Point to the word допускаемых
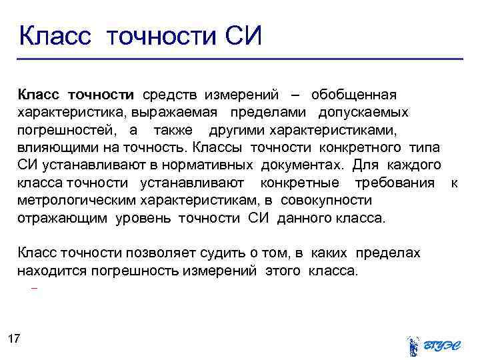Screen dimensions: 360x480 (363, 111)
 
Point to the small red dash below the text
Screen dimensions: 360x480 (34, 289)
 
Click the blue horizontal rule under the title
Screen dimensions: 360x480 (240, 59)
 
